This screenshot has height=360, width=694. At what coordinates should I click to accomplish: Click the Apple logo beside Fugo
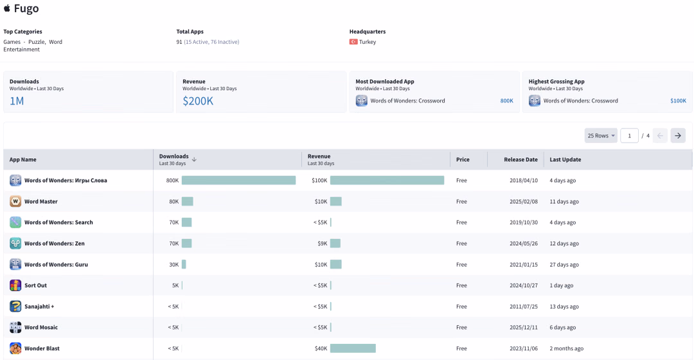point(7,8)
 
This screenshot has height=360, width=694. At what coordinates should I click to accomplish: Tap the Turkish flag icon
point(353,42)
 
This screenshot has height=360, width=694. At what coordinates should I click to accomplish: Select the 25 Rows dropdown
point(601,136)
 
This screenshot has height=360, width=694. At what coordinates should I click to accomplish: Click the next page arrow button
point(678,136)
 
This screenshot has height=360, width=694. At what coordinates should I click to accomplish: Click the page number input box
point(629,136)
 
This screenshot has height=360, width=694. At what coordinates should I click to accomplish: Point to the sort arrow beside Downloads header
point(194,159)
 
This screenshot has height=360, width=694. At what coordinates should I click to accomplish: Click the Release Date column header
point(520,159)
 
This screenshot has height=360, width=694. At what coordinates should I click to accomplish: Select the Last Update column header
point(565,159)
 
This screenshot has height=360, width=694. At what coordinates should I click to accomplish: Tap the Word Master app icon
point(15,201)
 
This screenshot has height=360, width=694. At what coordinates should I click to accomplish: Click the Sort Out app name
point(35,285)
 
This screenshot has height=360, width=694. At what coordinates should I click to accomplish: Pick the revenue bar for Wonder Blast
point(353,348)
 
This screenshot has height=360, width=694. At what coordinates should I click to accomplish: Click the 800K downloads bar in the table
point(238,180)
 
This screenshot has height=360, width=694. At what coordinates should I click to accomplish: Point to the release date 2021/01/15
point(524,265)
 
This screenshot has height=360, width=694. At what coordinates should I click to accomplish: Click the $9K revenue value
point(322,244)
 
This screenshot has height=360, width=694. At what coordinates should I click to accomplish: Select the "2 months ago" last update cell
point(567,348)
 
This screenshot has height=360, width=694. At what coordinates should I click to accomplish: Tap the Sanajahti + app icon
point(15,307)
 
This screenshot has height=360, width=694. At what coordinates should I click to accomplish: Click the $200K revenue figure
point(198,101)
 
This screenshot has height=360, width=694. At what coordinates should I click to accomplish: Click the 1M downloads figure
point(17,101)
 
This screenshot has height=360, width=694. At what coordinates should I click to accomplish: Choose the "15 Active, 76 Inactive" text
point(211,42)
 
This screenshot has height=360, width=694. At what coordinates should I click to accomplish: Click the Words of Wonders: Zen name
point(55,244)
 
